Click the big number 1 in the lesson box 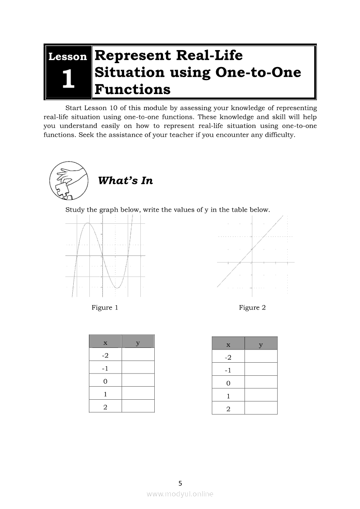(68, 79)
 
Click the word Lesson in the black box (68, 57)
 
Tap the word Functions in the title (132, 89)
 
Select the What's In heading (126, 181)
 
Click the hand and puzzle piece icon (69, 181)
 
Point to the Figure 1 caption (105, 307)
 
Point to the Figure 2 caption (252, 307)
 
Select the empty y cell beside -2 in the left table (138, 354)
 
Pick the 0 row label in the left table (105, 381)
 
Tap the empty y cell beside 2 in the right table (261, 408)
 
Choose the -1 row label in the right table (228, 370)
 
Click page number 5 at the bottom (180, 483)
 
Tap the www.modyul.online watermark (180, 494)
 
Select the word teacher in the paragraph (181, 135)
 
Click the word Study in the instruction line (75, 210)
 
